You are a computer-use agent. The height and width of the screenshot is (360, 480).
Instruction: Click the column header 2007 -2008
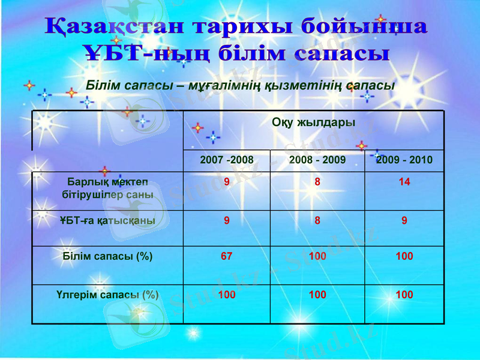pyautogui.click(x=227, y=160)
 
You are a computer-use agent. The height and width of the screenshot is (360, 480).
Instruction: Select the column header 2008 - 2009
pyautogui.click(x=317, y=160)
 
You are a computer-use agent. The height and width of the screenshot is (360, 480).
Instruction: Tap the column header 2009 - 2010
pyautogui.click(x=404, y=160)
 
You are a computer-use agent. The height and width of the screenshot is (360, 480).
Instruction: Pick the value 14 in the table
pyautogui.click(x=404, y=182)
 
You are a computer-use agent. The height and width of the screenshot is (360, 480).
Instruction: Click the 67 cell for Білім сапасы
pyautogui.click(x=227, y=256)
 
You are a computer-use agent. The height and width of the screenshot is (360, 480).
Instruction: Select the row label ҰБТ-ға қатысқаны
pyautogui.click(x=107, y=220)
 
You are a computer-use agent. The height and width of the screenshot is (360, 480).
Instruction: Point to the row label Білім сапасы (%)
pyautogui.click(x=107, y=256)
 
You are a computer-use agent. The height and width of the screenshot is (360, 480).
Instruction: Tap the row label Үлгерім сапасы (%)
pyautogui.click(x=107, y=295)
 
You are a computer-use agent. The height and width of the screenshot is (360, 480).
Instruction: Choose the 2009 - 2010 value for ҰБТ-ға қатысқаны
pyautogui.click(x=404, y=220)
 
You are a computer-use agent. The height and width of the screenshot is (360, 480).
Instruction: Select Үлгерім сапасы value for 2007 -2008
pyautogui.click(x=227, y=295)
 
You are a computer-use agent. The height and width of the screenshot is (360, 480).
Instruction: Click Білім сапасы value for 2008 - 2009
pyautogui.click(x=317, y=256)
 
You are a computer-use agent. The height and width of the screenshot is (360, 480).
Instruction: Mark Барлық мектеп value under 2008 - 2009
pyautogui.click(x=317, y=182)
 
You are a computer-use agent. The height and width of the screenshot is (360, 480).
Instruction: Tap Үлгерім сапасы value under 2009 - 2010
pyautogui.click(x=404, y=295)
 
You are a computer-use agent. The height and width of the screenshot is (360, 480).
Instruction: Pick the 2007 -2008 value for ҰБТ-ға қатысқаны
pyautogui.click(x=227, y=220)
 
